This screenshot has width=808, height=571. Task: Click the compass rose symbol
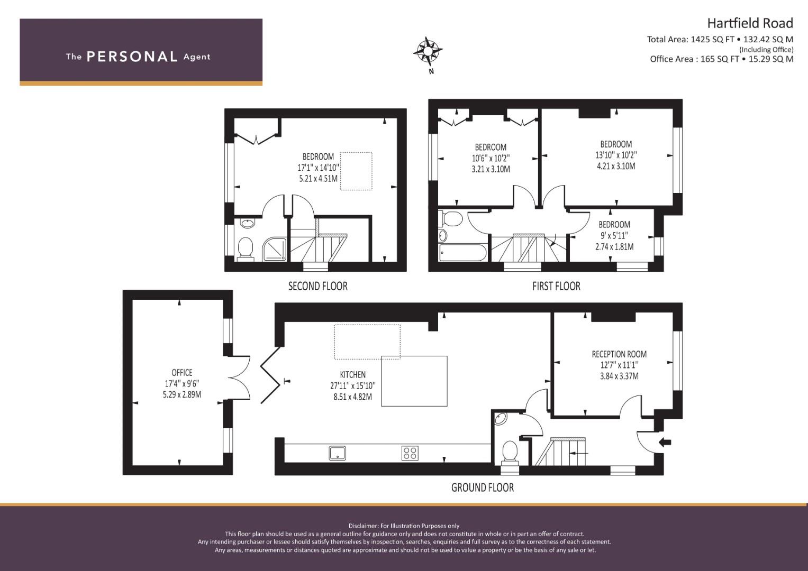pyautogui.click(x=428, y=51)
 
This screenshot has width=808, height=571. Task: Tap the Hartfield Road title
pyautogui.click(x=750, y=23)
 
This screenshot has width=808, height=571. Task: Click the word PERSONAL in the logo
pyautogui.click(x=132, y=57)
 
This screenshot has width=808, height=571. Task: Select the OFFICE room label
pyautogui.click(x=182, y=372)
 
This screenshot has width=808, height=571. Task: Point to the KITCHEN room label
pyautogui.click(x=353, y=374)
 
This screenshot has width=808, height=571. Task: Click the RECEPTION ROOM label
pyautogui.click(x=619, y=354)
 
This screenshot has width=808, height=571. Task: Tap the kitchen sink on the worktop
pyautogui.click(x=337, y=453)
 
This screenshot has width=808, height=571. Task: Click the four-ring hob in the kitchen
pyautogui.click(x=410, y=453)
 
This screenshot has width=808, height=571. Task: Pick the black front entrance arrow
pyautogui.click(x=665, y=442)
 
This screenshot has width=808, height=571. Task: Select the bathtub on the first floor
pyautogui.click(x=463, y=253)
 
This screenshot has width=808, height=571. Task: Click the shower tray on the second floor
pyautogui.click(x=275, y=249)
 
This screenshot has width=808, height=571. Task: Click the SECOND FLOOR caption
pyautogui.click(x=318, y=286)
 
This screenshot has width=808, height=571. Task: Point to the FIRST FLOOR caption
pyautogui.click(x=556, y=286)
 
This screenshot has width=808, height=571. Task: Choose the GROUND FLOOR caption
pyautogui.click(x=482, y=487)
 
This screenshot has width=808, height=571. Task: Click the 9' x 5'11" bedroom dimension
pyautogui.click(x=614, y=235)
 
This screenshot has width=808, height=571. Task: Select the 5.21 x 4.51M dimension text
pyautogui.click(x=318, y=179)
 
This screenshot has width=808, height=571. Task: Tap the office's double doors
pyautogui.click(x=239, y=377)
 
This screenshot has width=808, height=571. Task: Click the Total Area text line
pyautogui.click(x=720, y=39)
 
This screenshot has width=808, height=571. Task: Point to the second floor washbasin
pyautogui.click(x=248, y=223)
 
